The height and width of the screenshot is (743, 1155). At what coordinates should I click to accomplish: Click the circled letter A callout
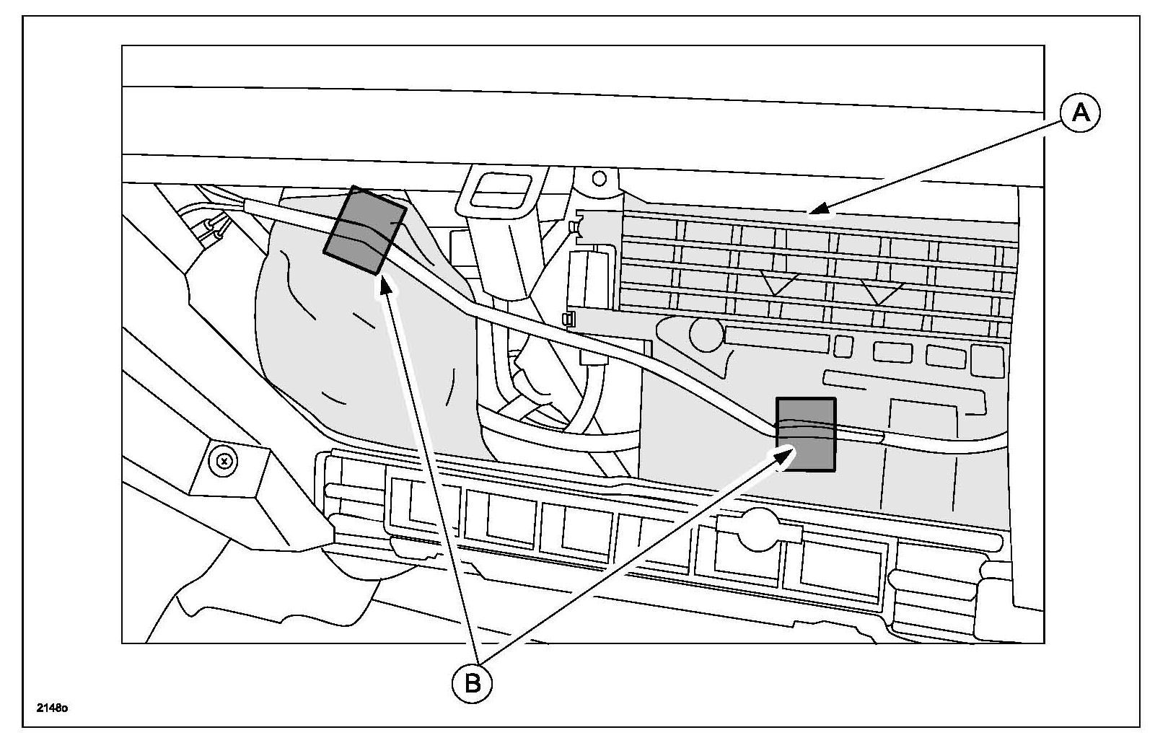coord(1079,115)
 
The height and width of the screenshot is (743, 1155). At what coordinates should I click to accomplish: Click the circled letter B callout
coord(473,682)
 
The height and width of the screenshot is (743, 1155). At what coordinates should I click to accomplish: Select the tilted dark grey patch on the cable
coord(364,230)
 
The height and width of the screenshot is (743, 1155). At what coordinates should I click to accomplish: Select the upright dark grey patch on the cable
coord(805,435)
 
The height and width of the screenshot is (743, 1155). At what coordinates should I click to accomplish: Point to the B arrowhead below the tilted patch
coord(385,283)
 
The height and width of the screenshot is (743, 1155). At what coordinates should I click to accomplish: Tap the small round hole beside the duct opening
coord(597,177)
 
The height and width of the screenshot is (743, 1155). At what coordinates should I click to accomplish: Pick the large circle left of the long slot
coord(706,333)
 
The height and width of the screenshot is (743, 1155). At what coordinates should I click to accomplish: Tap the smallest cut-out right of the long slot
coord(843,346)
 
